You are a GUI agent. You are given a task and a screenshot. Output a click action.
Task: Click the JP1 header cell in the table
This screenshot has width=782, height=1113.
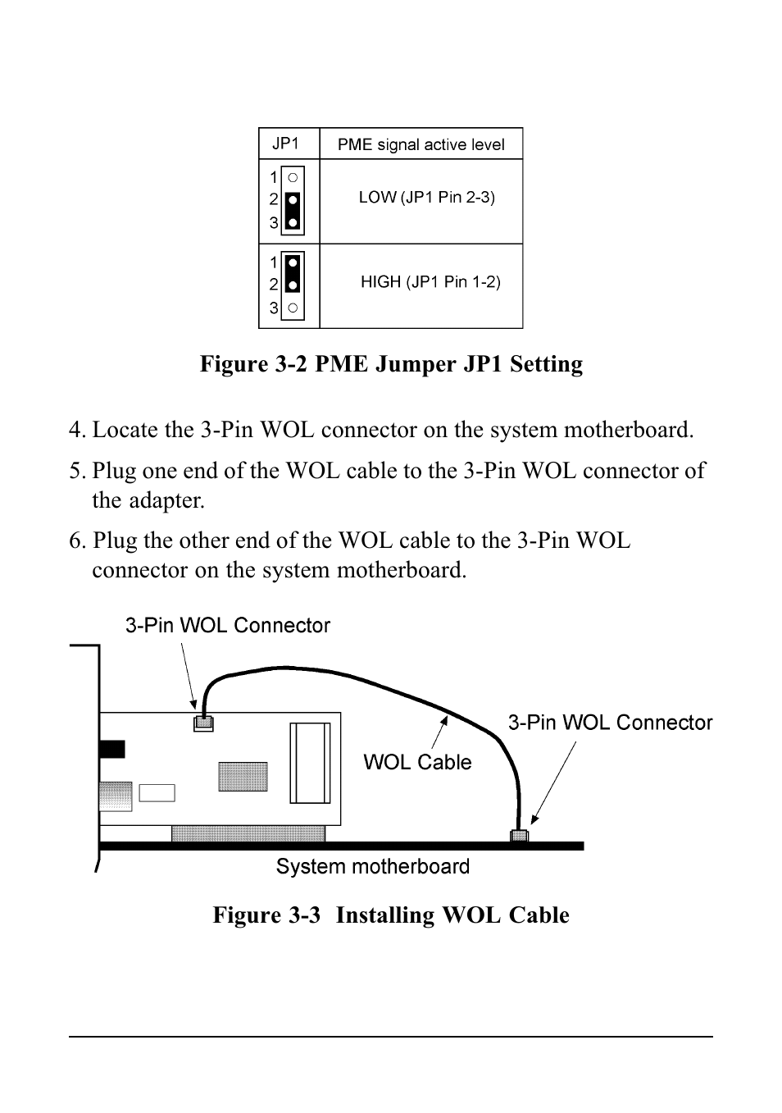[x=285, y=144]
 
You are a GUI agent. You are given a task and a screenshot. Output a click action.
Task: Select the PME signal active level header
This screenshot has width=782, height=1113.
[x=421, y=145]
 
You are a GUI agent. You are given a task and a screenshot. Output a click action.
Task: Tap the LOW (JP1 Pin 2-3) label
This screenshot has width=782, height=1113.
[x=426, y=198]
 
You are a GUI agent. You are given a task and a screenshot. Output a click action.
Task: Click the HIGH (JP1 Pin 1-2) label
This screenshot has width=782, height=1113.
[x=430, y=282]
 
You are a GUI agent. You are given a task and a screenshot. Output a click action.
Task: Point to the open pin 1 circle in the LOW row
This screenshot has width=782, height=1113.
[x=293, y=177]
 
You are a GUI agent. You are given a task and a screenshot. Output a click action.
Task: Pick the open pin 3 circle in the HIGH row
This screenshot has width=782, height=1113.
[x=293, y=308]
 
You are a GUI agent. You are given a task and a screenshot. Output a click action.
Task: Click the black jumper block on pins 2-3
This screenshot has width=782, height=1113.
[x=293, y=212]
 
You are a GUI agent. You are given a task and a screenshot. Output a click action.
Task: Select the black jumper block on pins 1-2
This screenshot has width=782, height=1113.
[x=293, y=275]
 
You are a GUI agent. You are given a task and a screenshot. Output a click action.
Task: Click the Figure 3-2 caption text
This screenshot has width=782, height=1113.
[x=391, y=364]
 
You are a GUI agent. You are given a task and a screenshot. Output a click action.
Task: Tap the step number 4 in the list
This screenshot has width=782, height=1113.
[x=75, y=430]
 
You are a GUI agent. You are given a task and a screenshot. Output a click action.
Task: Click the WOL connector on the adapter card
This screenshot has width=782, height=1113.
[x=203, y=723]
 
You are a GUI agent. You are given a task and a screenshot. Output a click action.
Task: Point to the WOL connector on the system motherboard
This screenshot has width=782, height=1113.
[x=519, y=837]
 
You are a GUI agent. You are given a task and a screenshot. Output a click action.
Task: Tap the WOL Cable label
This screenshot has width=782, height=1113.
[x=417, y=762]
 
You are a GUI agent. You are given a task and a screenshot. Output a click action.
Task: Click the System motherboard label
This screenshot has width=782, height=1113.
[x=372, y=867]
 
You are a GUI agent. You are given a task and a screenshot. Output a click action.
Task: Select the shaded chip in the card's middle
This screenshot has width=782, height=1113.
[x=243, y=777]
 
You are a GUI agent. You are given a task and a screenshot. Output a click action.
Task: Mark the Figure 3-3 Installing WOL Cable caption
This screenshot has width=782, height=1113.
[x=391, y=915]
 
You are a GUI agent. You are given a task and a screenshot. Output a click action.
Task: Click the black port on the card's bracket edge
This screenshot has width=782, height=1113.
[x=112, y=749]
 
